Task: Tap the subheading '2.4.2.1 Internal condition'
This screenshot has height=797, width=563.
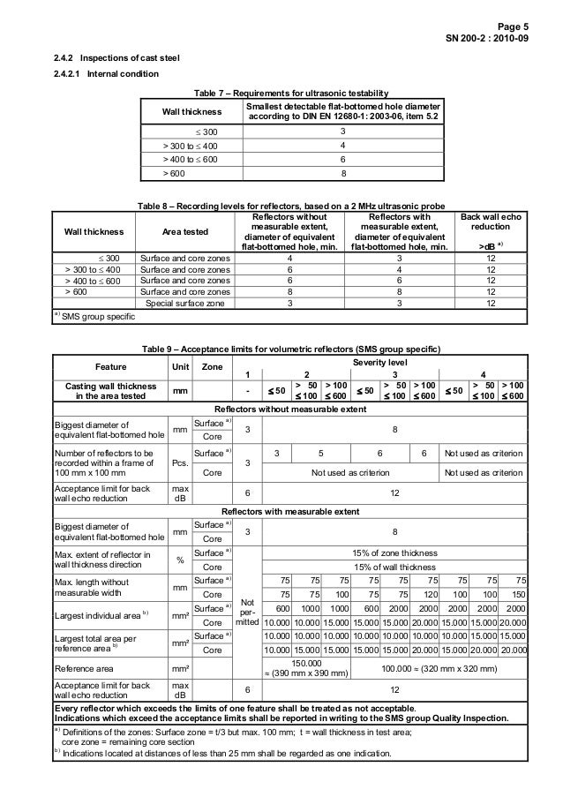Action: click(x=107, y=73)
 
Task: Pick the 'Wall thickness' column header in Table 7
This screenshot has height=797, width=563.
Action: click(x=191, y=113)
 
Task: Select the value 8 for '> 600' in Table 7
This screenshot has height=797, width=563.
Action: click(x=342, y=174)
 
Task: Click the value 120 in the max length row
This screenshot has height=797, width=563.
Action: click(x=432, y=596)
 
